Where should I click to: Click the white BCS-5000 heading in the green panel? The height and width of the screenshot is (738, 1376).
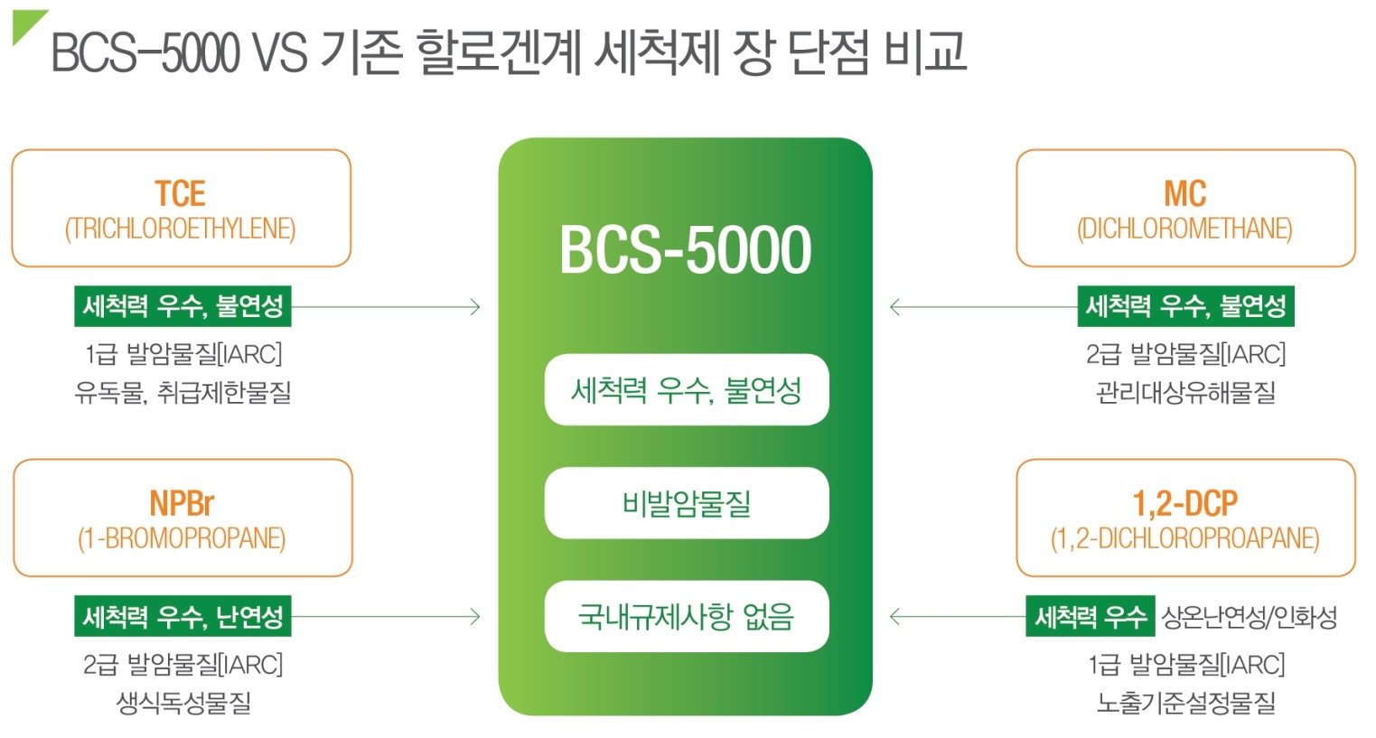pos(685,250)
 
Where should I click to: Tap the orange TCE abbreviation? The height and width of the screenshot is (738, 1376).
pos(180,193)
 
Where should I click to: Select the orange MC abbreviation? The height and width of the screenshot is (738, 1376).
pos(1184,193)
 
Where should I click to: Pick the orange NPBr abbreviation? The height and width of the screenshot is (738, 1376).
pos(182,503)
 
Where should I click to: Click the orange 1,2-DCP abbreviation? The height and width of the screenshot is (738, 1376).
pos(1184,503)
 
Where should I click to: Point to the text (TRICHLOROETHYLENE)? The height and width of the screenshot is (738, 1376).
pos(180,229)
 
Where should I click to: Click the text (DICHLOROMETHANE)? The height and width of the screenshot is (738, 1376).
pos(1184,229)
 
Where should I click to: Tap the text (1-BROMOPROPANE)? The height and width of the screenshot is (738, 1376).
pos(182,538)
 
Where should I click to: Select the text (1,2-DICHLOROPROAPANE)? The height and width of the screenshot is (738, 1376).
pos(1184,538)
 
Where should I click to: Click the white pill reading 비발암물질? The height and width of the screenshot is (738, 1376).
pos(686,503)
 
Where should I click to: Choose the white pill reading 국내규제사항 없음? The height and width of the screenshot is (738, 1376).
pos(686,616)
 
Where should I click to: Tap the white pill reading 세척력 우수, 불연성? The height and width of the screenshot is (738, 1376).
pos(686,390)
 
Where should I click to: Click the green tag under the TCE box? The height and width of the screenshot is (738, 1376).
pos(183,306)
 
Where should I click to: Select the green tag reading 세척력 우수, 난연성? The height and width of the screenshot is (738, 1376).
pos(183,617)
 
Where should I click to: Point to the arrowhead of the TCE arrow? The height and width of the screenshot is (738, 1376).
pos(476,307)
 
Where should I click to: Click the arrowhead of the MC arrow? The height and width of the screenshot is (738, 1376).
pos(894,307)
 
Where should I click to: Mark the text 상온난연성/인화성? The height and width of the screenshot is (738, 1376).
pos(1249,617)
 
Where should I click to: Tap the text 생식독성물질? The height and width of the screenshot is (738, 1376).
pos(183,703)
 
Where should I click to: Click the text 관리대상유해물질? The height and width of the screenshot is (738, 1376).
pos(1185,392)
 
